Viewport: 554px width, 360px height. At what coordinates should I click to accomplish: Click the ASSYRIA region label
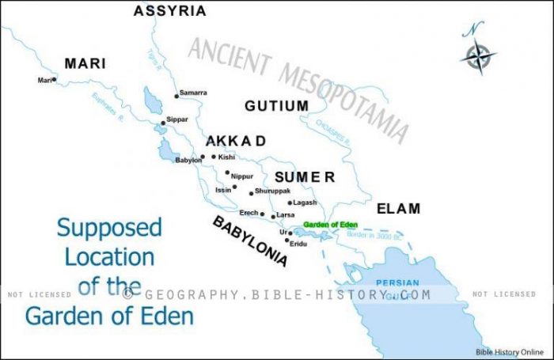[169, 11]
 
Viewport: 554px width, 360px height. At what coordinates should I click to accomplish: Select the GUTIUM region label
[276, 105]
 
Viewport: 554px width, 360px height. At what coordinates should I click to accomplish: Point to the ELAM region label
[398, 208]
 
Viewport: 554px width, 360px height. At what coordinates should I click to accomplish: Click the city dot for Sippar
[163, 123]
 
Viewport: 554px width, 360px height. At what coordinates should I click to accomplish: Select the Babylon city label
[188, 161]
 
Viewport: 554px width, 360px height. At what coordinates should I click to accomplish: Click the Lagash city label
[305, 203]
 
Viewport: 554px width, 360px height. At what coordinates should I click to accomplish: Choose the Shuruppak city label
[274, 191]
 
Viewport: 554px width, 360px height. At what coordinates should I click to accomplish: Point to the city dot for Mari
[54, 80]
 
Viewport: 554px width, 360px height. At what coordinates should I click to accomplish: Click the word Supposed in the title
[109, 229]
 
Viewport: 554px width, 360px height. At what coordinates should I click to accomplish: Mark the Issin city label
[222, 190]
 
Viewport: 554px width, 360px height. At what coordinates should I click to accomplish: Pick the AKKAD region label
[236, 142]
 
